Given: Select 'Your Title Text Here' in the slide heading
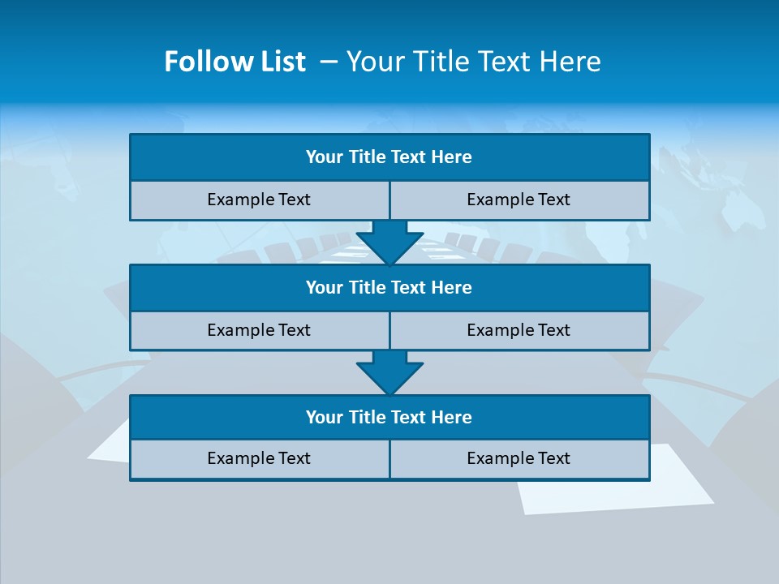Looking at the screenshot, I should point(473,62).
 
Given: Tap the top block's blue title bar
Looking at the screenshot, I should point(389,157).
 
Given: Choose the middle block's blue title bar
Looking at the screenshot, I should point(389,288).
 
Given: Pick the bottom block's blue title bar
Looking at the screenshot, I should point(389,418).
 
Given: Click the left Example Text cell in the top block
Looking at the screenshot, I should point(259,200).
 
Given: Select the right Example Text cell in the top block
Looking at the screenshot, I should point(519,200).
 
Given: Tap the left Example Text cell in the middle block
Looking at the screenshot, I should point(259,330).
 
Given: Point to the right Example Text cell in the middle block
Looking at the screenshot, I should point(519,330).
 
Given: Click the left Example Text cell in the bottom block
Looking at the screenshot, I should point(259,458).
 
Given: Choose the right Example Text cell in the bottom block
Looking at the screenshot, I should point(519,458).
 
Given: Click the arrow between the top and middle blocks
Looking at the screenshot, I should point(389,243).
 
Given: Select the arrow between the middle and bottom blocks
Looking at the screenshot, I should point(389,372).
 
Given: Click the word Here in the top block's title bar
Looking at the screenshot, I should point(451,157).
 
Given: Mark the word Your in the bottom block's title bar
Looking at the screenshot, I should point(324,418).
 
